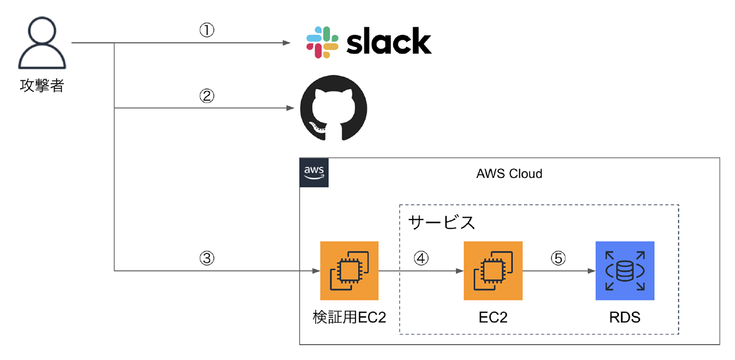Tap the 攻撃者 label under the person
click(x=42, y=86)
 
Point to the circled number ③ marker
click(x=207, y=258)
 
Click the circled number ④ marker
click(x=421, y=258)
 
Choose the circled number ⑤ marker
click(x=558, y=258)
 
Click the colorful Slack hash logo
click(x=322, y=43)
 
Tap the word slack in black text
click(x=389, y=42)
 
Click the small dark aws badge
click(x=314, y=173)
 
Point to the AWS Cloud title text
click(x=509, y=174)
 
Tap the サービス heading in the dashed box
click(x=442, y=222)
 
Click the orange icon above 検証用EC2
click(x=349, y=271)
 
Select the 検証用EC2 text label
click(x=349, y=317)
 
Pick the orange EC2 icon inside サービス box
click(x=493, y=271)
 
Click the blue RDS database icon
click(x=625, y=271)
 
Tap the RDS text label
click(x=625, y=317)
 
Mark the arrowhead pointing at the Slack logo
click(x=287, y=43)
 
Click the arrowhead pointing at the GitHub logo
click(x=290, y=109)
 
